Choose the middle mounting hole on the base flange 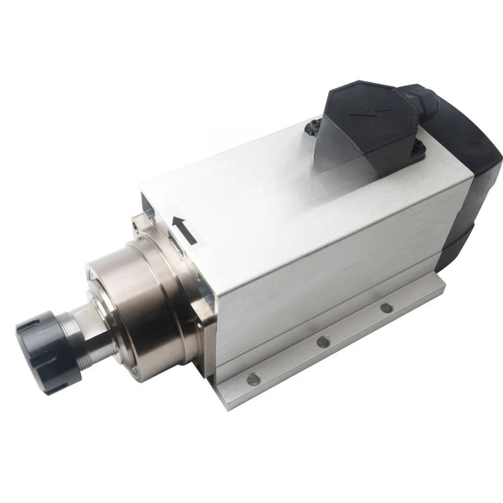(x=323, y=341)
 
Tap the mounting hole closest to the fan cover (x=386, y=308)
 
